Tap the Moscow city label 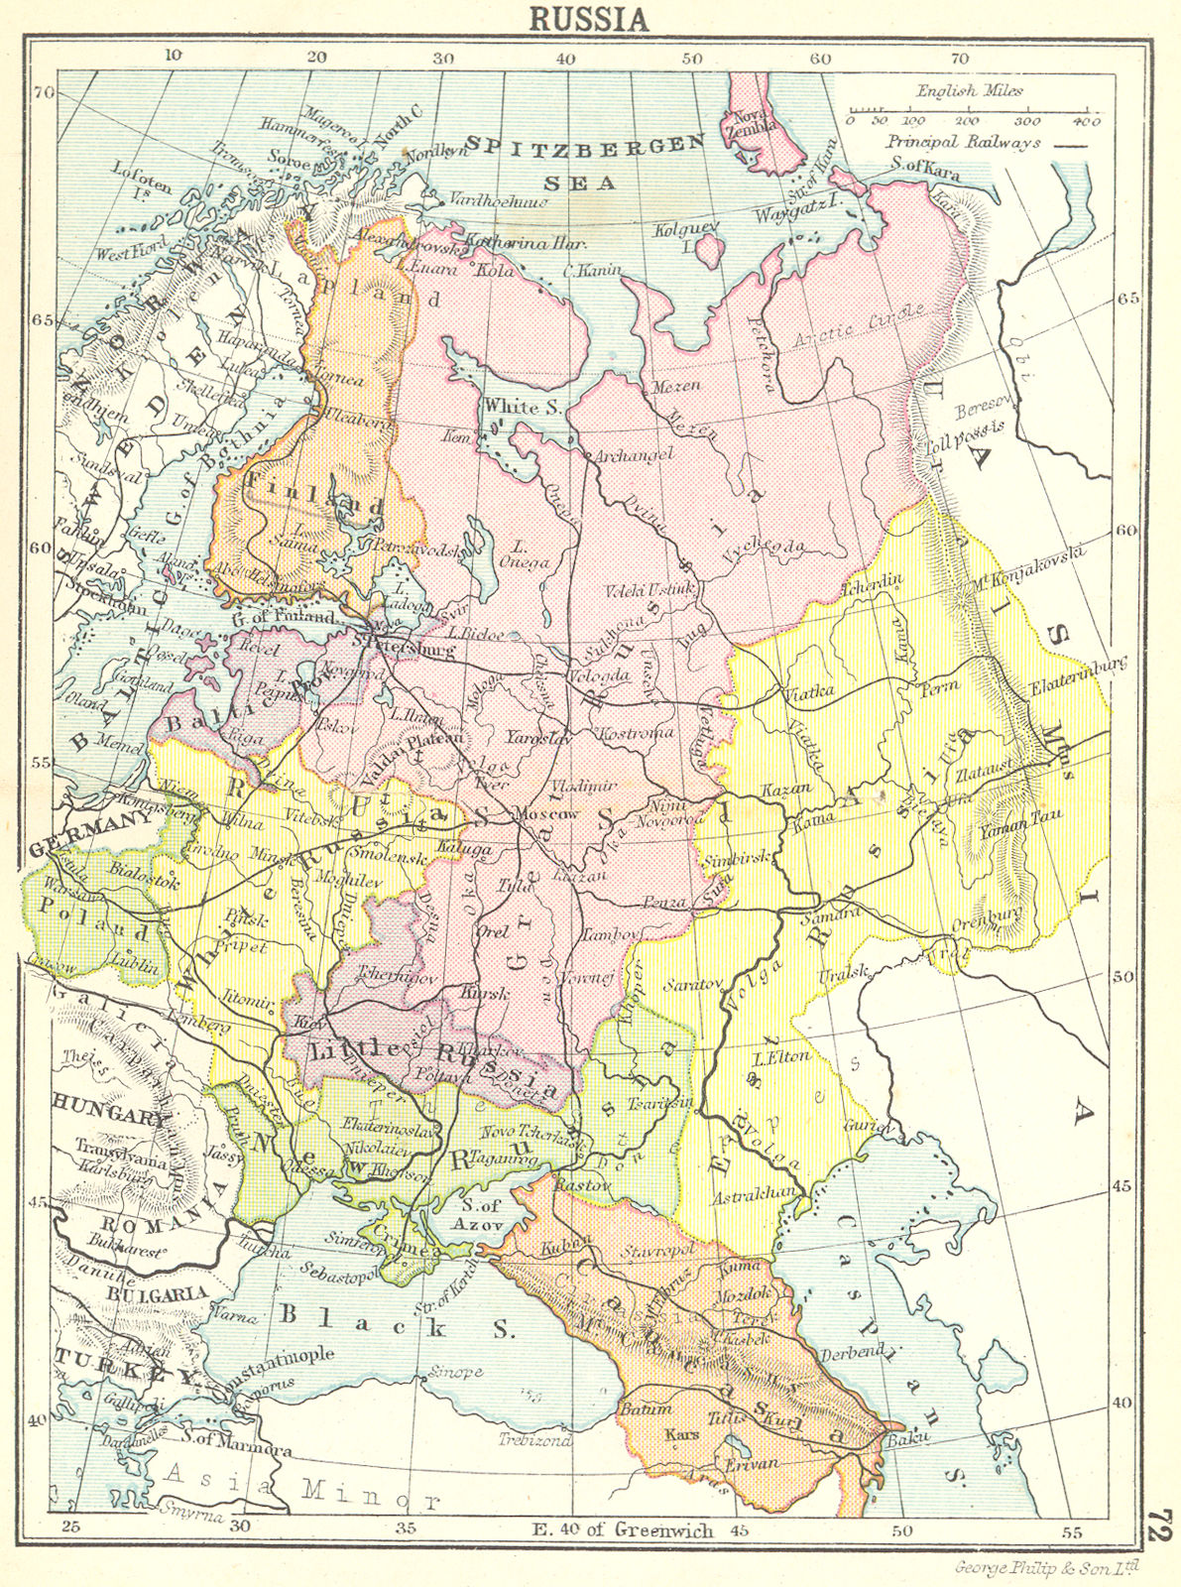pos(546,812)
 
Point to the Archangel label pos(635,454)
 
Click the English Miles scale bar pos(967,108)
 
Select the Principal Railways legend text pos(964,142)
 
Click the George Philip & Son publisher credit pos(1046,1567)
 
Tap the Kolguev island pos(705,248)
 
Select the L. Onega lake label pos(529,561)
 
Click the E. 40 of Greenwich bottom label pos(626,1529)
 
